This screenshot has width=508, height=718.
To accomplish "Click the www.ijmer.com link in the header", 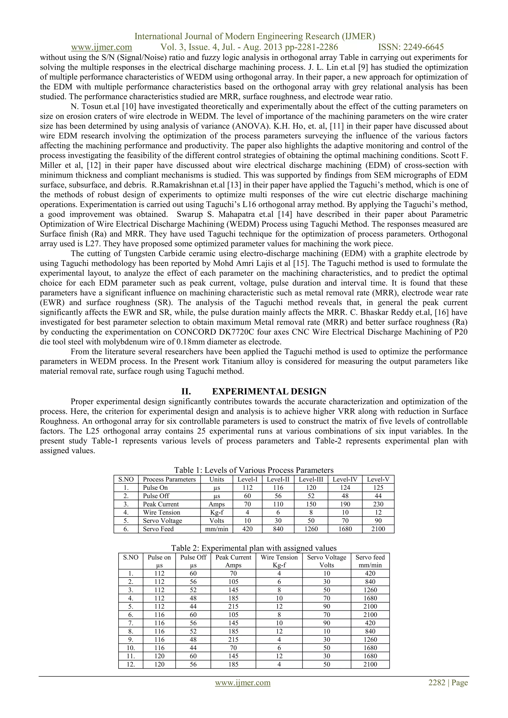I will [101, 47].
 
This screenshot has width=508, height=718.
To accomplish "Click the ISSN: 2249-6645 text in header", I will [411, 47].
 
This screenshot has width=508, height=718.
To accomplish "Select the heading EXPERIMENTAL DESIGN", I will [269, 392].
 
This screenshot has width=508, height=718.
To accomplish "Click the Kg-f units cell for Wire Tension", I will [217, 513].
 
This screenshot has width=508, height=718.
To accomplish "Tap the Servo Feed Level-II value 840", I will [278, 529].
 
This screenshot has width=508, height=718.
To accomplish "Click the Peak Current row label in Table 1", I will [161, 504].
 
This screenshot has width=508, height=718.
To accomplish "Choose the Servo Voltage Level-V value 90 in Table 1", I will [378, 521].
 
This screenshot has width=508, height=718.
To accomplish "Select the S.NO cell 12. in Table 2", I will [130, 664].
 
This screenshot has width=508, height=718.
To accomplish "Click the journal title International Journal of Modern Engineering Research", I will [254, 37].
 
